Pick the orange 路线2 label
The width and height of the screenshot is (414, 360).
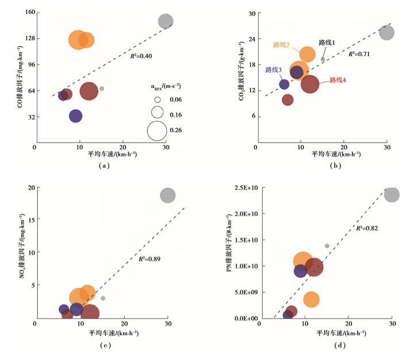(x=281, y=45)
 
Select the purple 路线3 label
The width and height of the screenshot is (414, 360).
(x=273, y=70)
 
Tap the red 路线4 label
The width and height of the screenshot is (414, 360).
(x=337, y=81)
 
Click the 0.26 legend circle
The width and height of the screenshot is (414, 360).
(x=156, y=131)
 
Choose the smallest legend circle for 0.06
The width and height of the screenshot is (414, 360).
(x=157, y=99)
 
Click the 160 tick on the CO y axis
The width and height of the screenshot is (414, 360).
(x=26, y=13)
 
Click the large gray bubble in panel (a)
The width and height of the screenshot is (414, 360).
(x=166, y=21)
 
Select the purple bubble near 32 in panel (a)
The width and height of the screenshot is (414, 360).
(x=76, y=116)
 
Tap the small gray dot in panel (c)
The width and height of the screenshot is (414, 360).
(x=103, y=298)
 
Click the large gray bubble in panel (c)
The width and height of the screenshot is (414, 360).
(x=167, y=196)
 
